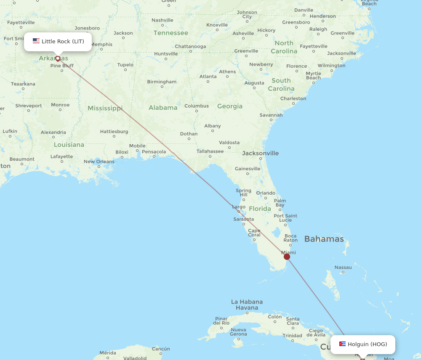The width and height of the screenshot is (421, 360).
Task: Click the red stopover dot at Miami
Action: [x=287, y=257]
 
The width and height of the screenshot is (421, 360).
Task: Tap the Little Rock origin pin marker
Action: [x=58, y=58]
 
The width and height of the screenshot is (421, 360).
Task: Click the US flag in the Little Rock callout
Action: [x=36, y=41]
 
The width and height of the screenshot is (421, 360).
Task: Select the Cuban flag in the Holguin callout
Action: [x=342, y=344]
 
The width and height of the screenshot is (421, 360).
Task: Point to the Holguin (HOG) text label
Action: [x=367, y=344]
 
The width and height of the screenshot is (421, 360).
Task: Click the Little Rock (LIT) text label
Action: [x=63, y=41]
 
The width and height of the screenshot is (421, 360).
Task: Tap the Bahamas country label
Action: [x=324, y=239]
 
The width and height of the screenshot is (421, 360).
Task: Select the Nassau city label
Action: [x=343, y=267]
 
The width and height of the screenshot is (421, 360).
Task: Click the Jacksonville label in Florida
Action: [x=260, y=153]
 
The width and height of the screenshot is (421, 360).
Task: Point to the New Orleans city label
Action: [x=99, y=161]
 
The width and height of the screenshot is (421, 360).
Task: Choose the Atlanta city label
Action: [x=208, y=77]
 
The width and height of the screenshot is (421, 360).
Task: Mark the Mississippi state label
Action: [x=105, y=108]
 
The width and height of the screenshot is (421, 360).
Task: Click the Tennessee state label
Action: [x=171, y=33]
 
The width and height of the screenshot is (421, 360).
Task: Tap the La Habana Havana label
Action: [x=247, y=304]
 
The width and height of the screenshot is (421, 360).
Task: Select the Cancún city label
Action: [x=160, y=349]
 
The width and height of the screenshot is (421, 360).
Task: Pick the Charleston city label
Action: [x=293, y=98]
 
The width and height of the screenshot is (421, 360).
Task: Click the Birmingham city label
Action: [x=162, y=82]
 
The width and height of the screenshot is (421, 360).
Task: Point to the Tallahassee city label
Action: [x=210, y=151]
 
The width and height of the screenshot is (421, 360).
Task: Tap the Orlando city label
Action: [x=266, y=193]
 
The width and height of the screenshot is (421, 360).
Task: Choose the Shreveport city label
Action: [x=29, y=106]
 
